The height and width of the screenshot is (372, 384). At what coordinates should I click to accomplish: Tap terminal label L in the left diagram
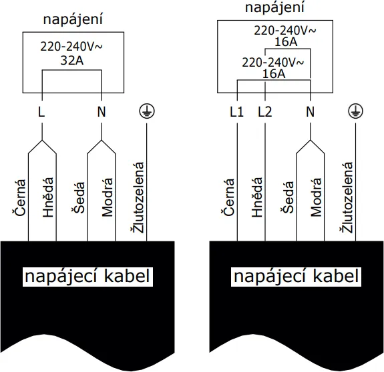tap(41, 112)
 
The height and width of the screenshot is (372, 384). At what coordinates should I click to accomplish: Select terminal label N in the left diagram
tap(102, 112)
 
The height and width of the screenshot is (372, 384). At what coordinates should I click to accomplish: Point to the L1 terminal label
tap(236, 112)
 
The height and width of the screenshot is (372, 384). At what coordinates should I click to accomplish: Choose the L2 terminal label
tap(265, 112)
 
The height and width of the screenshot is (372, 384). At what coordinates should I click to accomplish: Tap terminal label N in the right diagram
tap(310, 112)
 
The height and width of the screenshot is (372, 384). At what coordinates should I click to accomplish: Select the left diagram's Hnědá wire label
tap(47, 197)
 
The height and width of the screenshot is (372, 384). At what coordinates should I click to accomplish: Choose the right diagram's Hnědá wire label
tap(257, 197)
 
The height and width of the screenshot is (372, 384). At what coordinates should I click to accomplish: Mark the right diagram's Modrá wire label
tap(317, 197)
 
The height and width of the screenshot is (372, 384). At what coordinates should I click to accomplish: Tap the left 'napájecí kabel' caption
tap(87, 276)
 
